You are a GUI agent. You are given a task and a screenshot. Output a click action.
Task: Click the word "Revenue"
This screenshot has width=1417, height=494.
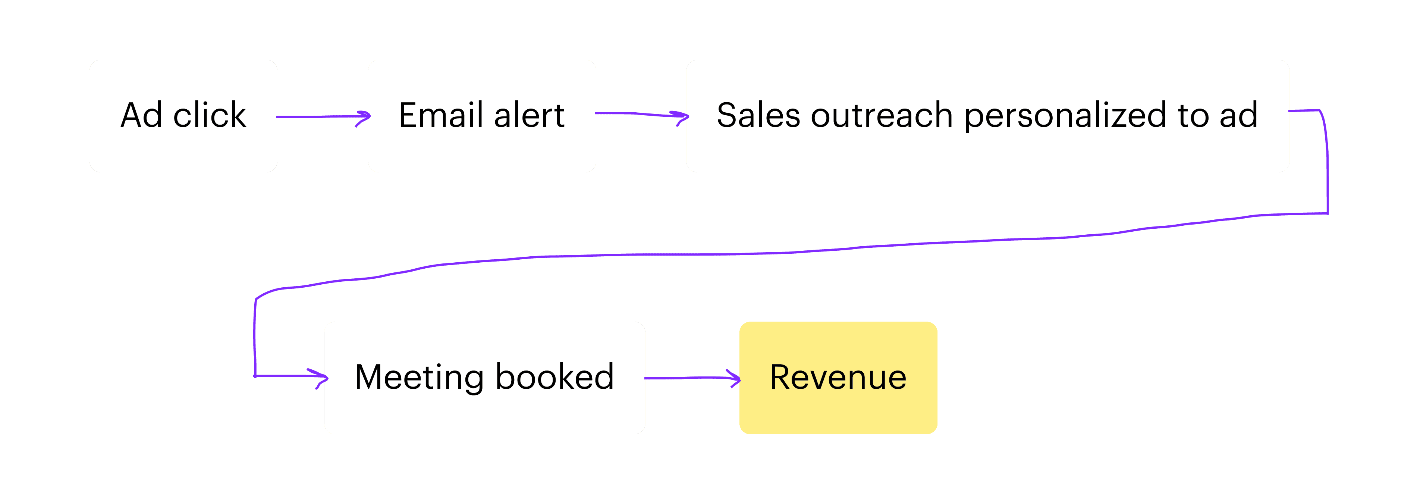[x=838, y=377]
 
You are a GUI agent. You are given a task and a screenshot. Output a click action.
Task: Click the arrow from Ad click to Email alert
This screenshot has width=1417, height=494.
[x=323, y=117]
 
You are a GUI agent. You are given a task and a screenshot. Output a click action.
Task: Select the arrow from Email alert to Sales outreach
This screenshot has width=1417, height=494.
[x=641, y=115]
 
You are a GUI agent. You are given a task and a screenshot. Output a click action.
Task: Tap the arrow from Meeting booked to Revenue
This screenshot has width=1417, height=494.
[x=692, y=378]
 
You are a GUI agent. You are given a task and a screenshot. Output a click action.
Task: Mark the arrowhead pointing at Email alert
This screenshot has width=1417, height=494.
[x=364, y=118]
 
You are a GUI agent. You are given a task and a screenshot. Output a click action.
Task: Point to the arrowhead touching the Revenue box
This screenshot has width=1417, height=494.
[x=734, y=378]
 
